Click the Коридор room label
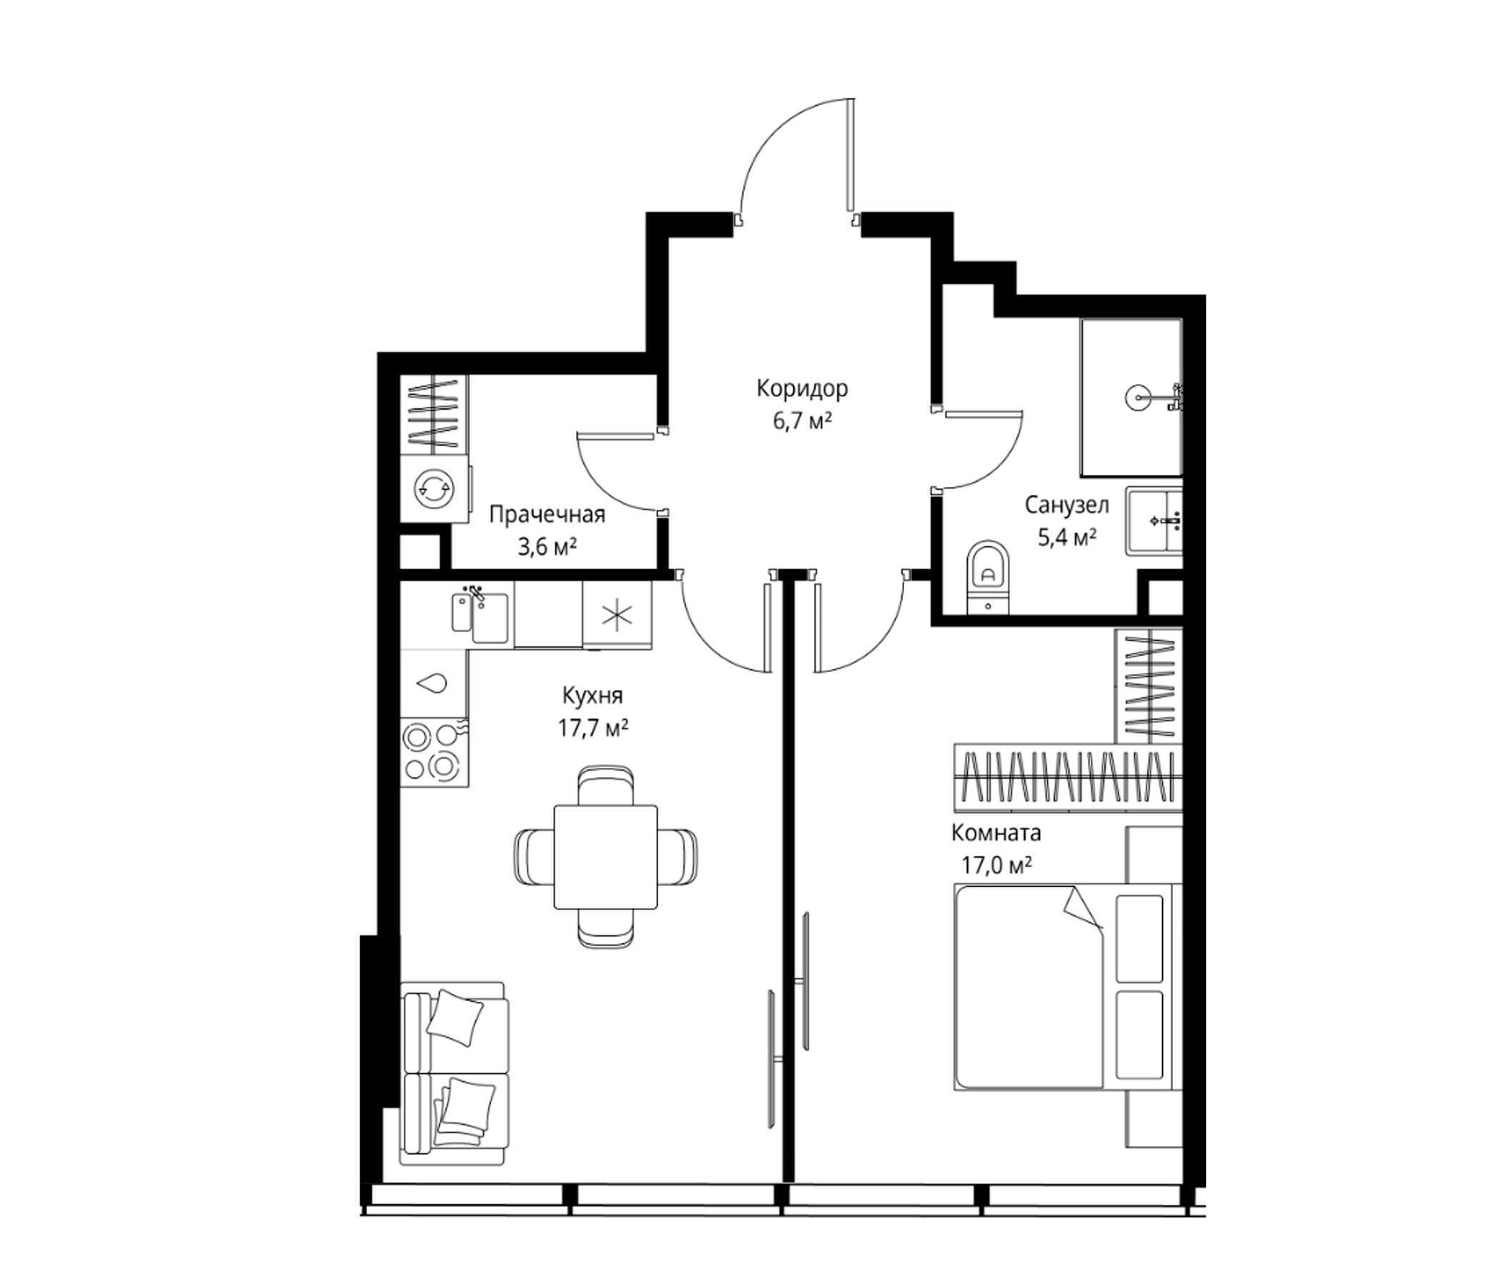(x=802, y=389)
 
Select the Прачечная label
(x=547, y=515)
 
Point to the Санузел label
(x=1067, y=505)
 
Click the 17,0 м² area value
(x=996, y=864)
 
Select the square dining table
(x=605, y=857)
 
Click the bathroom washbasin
(x=1154, y=521)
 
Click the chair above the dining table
(x=606, y=786)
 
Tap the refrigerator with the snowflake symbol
(x=618, y=614)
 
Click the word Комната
(x=996, y=834)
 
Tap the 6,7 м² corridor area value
(x=802, y=421)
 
